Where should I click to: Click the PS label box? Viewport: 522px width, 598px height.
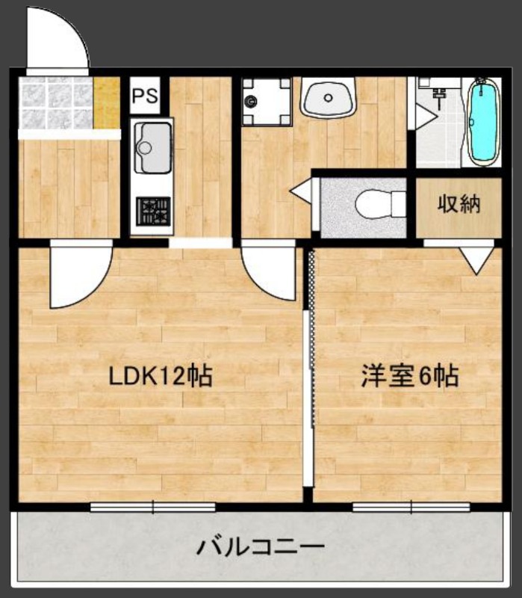[x=144, y=96]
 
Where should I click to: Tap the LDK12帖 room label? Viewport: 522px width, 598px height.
[x=161, y=376]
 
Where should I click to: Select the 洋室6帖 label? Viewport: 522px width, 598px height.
[x=410, y=376]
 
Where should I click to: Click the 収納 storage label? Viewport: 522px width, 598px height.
[x=458, y=204]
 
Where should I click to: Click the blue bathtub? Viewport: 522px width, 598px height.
[x=483, y=122]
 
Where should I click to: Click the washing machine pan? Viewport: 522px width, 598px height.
[x=266, y=101]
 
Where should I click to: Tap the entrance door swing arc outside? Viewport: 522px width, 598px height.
[x=58, y=37]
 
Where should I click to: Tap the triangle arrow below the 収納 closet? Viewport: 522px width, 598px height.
[x=475, y=259]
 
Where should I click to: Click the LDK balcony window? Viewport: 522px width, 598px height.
[x=153, y=507]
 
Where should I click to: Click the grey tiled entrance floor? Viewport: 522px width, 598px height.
[x=56, y=103]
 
